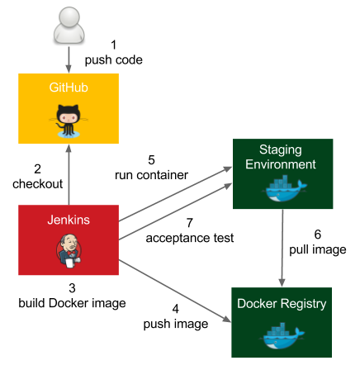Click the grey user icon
(69, 26)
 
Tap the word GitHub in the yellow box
(69, 88)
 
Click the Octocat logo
(69, 121)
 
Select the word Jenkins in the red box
(69, 220)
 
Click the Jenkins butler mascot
(69, 251)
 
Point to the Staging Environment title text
(281, 157)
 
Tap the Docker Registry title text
(282, 304)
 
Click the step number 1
(113, 45)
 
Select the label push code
(114, 60)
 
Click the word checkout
(38, 184)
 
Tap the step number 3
(72, 288)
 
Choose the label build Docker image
(72, 303)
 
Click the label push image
(176, 324)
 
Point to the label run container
(151, 175)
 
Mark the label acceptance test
(190, 238)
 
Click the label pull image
(318, 250)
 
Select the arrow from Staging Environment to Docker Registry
(282, 248)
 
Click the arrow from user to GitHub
(69, 59)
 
